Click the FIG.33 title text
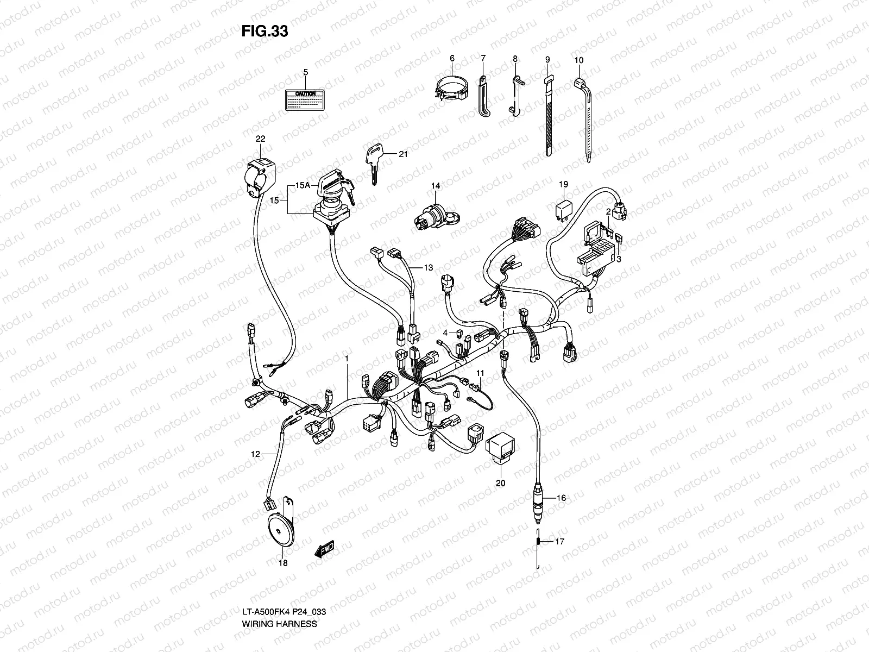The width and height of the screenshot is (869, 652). point(265,32)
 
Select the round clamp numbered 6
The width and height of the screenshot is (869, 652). point(454,89)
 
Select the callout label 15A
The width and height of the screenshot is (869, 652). point(303,185)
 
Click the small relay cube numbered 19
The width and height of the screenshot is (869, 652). point(563,209)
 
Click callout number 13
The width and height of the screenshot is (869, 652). point(429,267)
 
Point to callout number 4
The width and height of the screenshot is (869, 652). point(444,332)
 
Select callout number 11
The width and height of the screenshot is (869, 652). point(480,373)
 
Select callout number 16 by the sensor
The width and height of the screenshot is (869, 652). point(561,498)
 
